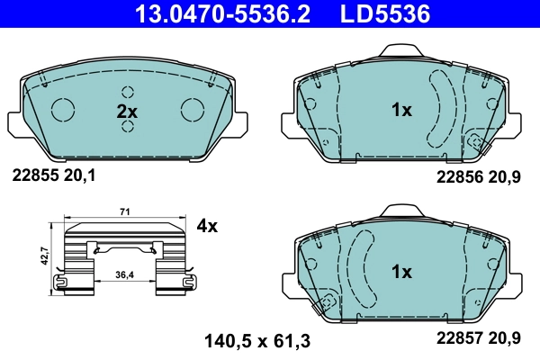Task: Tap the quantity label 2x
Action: point(127,112)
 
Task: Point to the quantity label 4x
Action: point(207,226)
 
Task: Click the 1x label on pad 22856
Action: point(400,111)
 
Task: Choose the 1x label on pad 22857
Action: point(400,271)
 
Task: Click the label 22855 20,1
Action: point(53,177)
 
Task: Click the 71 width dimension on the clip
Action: point(124,211)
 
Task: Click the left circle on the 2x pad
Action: point(63,109)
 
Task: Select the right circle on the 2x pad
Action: point(193,109)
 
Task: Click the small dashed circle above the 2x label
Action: point(127,92)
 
